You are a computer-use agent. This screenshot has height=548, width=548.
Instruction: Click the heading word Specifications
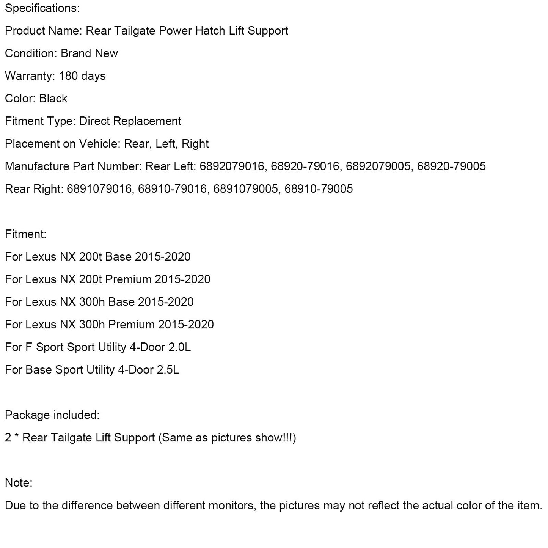[42, 8]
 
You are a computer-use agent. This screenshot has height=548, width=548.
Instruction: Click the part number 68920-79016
[305, 166]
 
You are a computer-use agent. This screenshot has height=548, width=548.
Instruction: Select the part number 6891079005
[245, 189]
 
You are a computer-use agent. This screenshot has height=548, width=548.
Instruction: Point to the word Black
[53, 99]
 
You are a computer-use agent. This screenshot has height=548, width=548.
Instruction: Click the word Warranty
[30, 76]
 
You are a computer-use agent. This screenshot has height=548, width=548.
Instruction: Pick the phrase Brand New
[89, 53]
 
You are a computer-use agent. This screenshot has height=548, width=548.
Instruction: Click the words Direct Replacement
[130, 121]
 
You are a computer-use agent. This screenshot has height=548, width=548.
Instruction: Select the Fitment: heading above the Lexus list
[25, 234]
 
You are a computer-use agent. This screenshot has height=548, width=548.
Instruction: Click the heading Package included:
[52, 415]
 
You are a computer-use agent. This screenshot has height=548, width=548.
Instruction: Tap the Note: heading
[19, 483]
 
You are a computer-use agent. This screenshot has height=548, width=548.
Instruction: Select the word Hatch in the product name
[210, 31]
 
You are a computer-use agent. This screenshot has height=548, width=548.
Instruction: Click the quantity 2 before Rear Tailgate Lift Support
[8, 438]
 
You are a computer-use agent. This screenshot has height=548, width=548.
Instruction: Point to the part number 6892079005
[378, 166]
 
